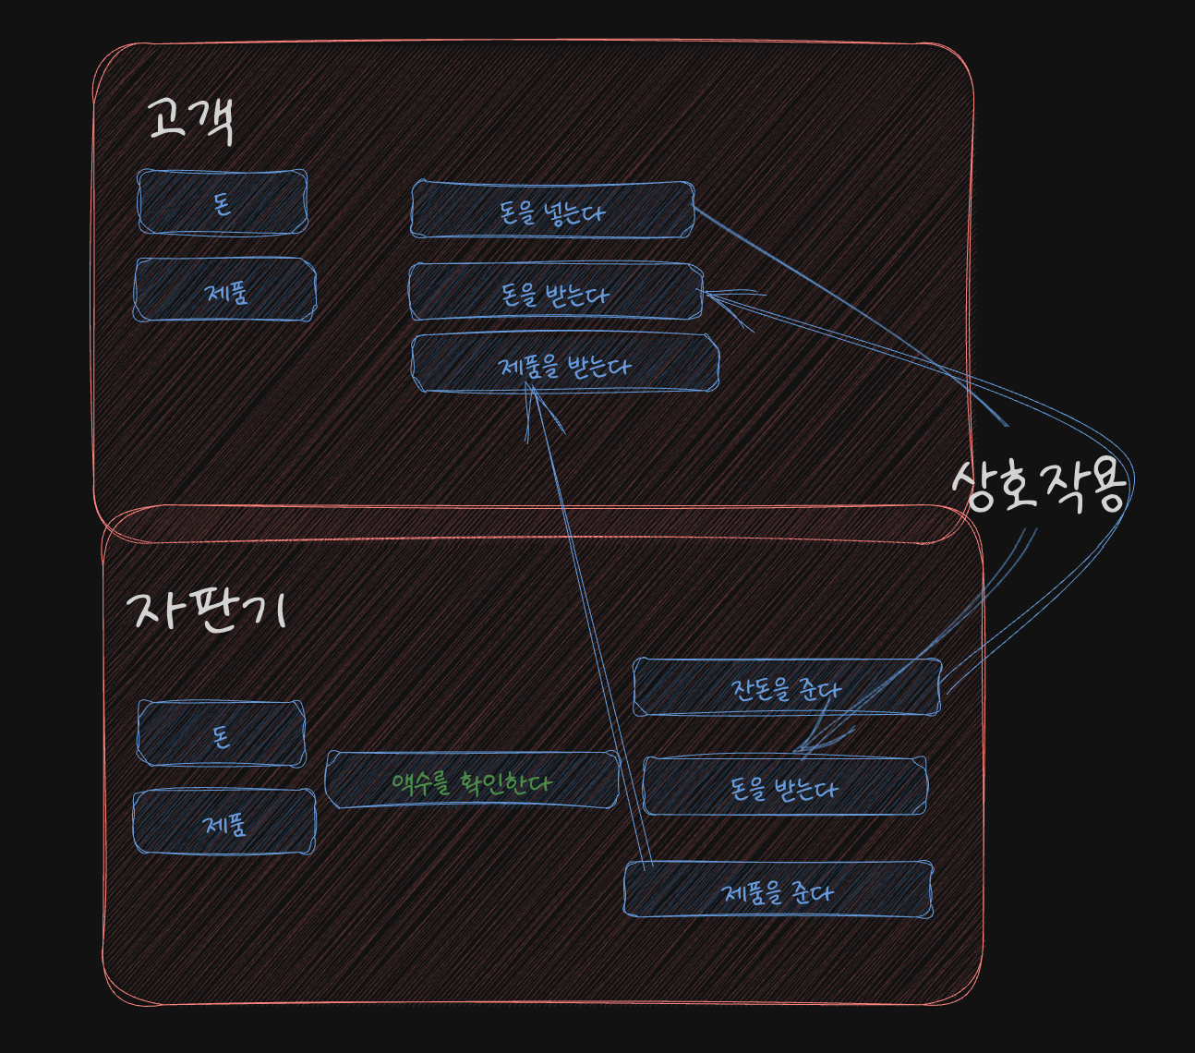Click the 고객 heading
(191, 121)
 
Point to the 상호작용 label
(1039, 485)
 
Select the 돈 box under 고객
(223, 201)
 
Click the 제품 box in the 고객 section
(225, 290)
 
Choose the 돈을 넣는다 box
(552, 211)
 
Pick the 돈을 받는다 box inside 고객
(555, 293)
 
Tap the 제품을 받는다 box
(564, 364)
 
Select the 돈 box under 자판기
(221, 734)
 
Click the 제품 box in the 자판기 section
(224, 821)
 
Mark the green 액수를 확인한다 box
(471, 781)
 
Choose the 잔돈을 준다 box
(786, 687)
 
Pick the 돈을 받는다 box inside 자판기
(784, 787)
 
